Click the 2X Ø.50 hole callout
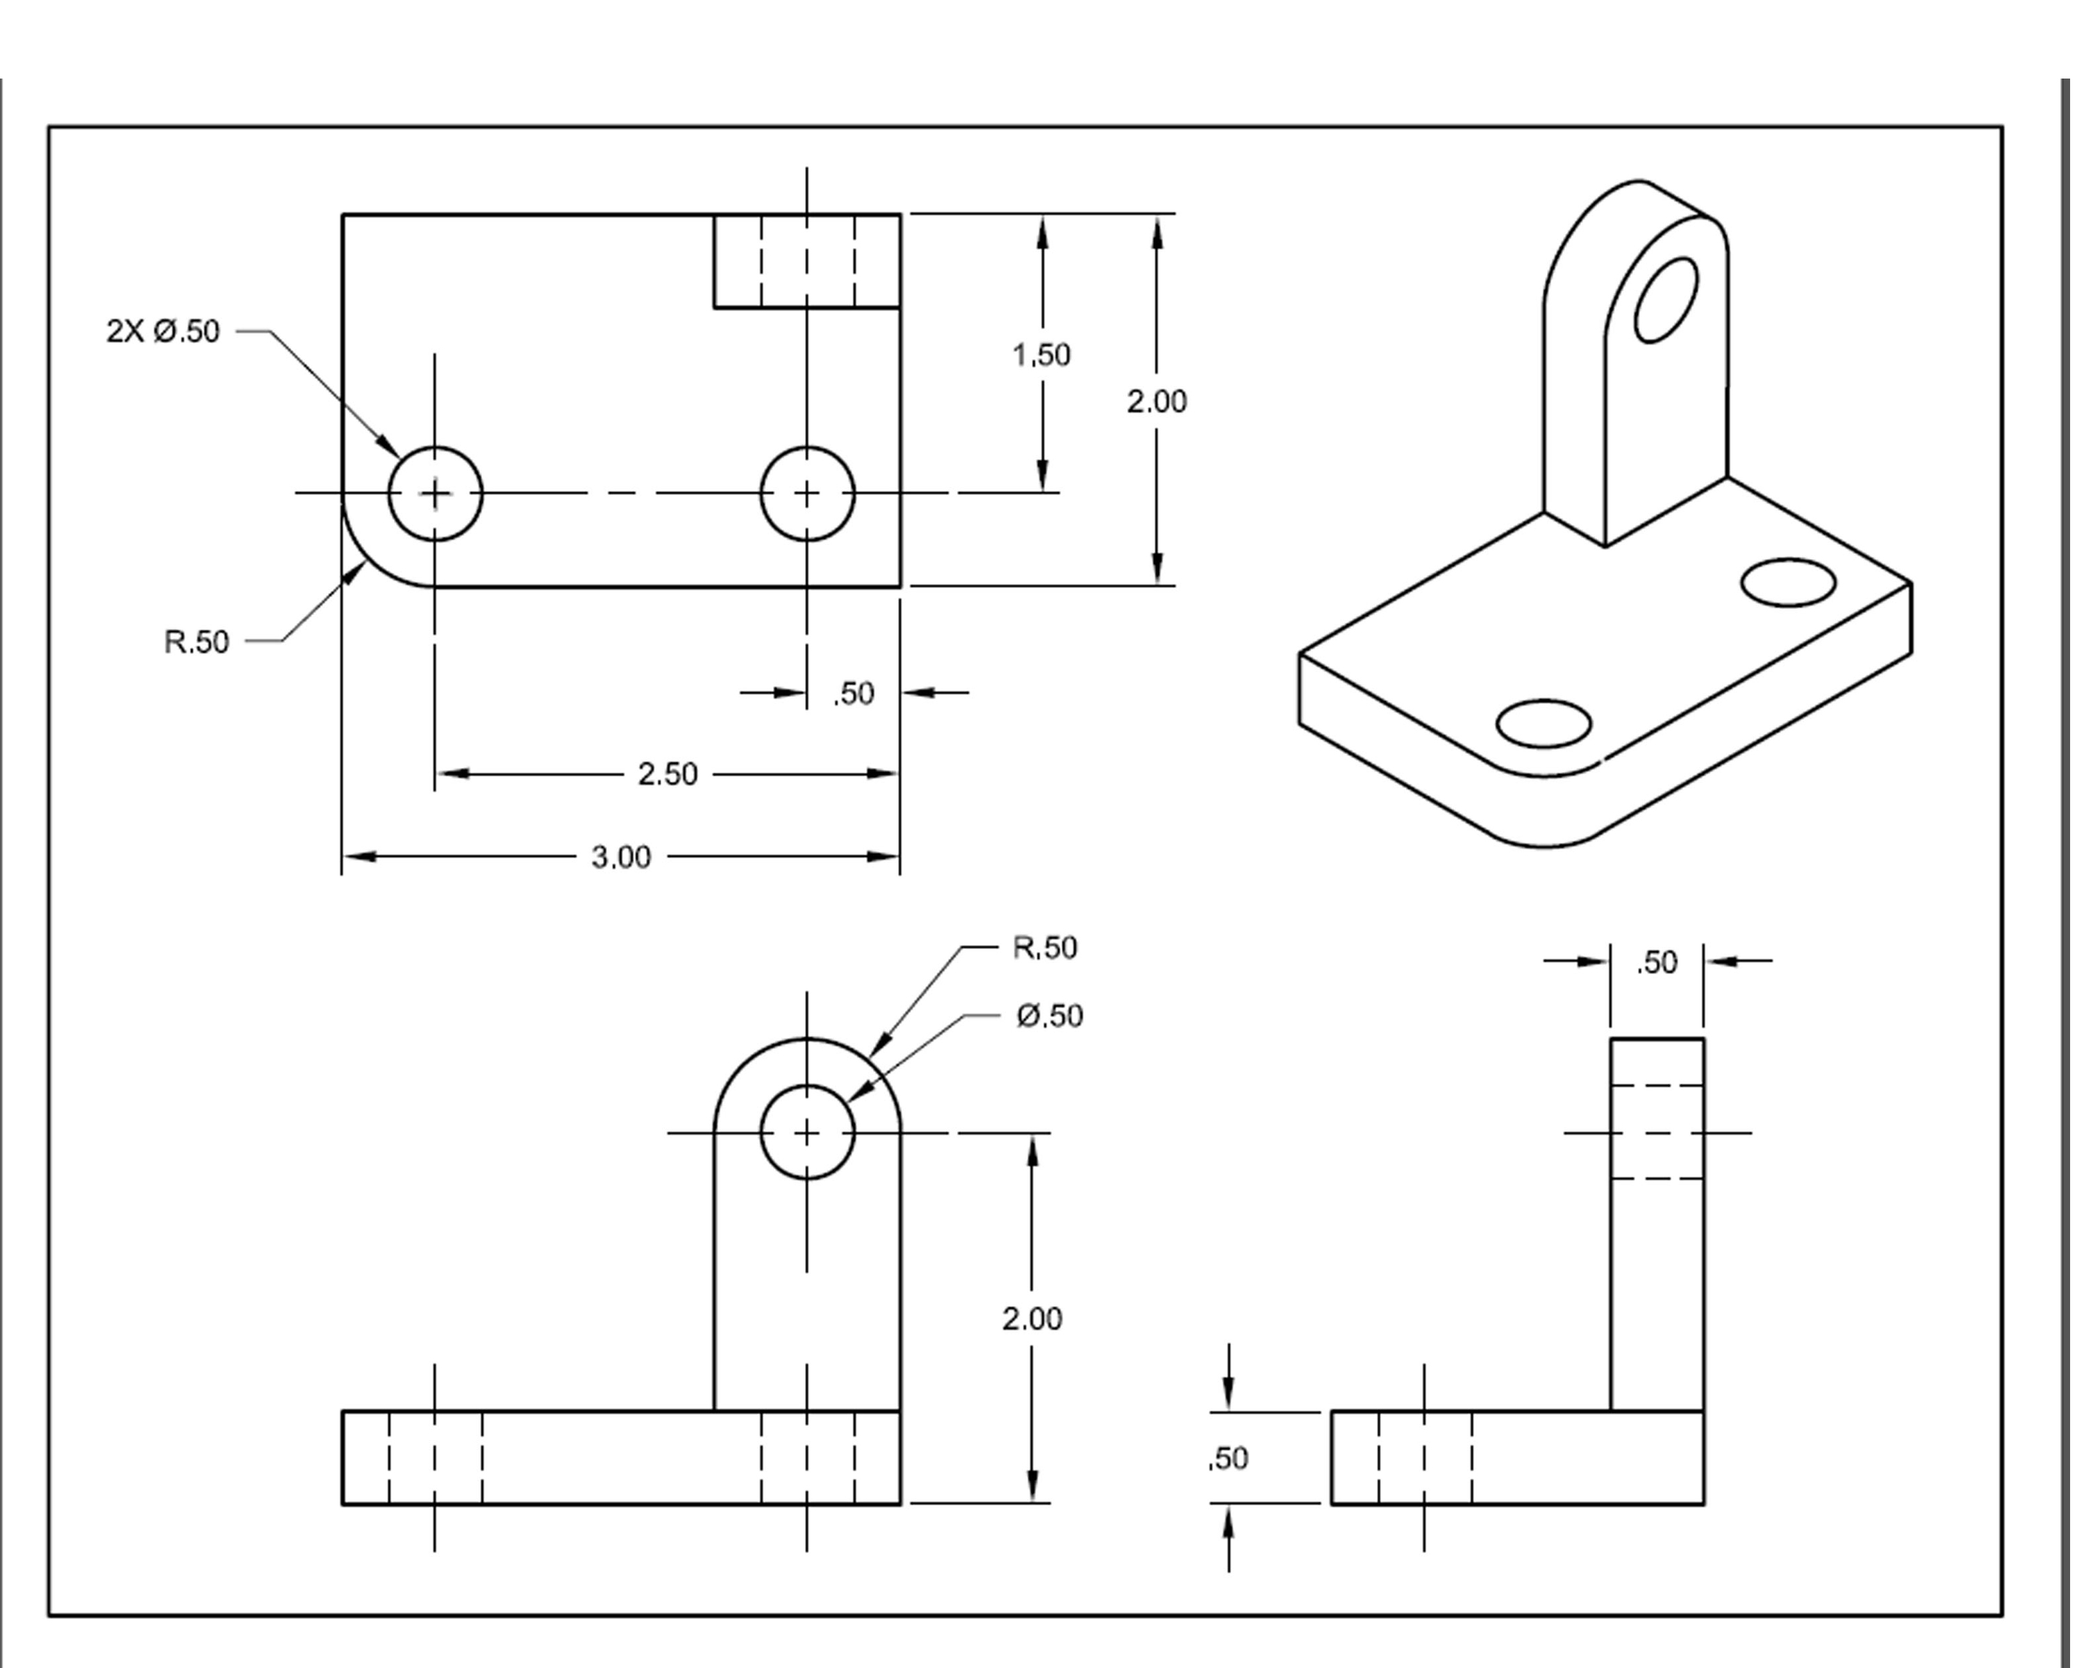coord(163,332)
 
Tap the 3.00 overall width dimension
coord(620,858)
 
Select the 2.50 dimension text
coord(667,774)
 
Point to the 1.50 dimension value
coord(1041,356)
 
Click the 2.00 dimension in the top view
coord(1156,401)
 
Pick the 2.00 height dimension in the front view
coord(1032,1319)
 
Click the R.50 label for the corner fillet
coord(196,642)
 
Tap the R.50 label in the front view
coord(1045,947)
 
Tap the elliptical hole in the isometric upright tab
coord(1665,300)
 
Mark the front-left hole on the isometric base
coord(1543,724)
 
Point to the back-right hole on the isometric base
coord(1787,582)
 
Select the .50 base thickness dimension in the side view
coord(1229,1458)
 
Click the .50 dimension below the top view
coord(854,694)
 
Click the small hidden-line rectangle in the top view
coord(807,261)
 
